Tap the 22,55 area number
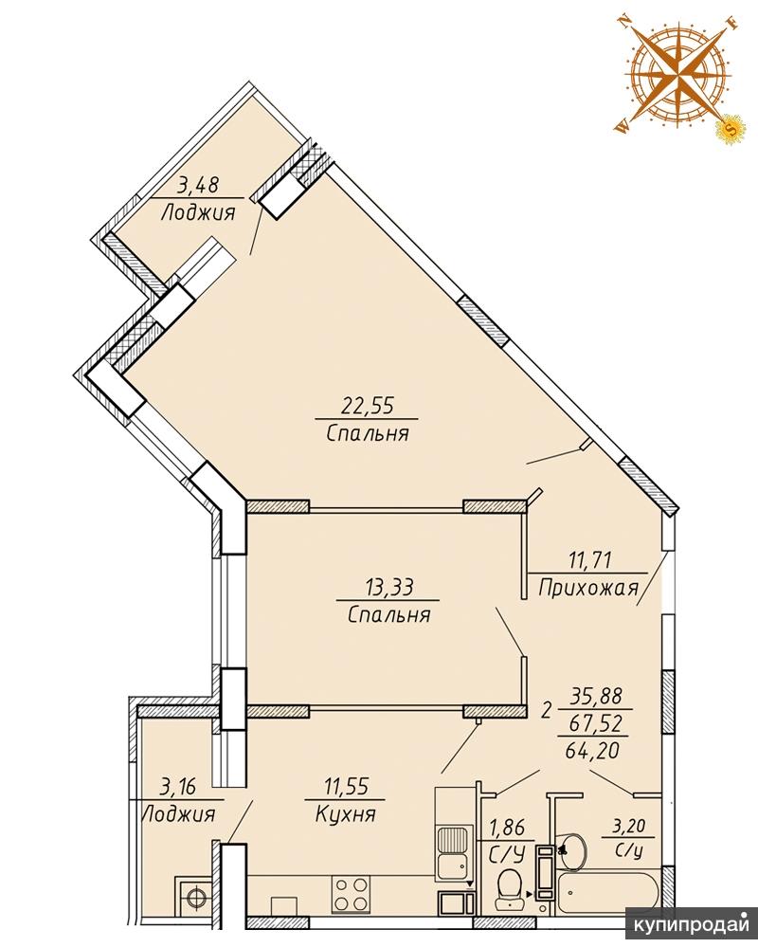click(x=367, y=405)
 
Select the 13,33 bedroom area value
click(x=388, y=586)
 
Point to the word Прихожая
click(x=588, y=587)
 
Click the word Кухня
click(x=346, y=813)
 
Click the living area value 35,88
click(x=598, y=696)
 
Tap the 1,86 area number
click(x=507, y=827)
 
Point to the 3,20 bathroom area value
click(x=628, y=826)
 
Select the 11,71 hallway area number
click(x=589, y=559)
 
